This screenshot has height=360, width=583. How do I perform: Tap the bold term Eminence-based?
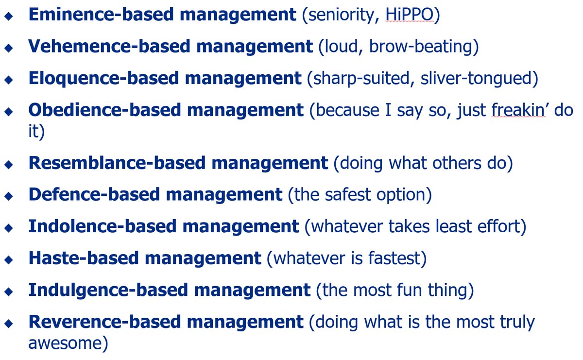(x=101, y=14)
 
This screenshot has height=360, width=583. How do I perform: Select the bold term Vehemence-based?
(x=109, y=46)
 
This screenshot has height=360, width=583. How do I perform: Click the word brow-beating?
(x=421, y=47)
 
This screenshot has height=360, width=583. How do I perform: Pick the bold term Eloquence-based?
(x=103, y=78)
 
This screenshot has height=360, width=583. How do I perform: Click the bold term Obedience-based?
(x=104, y=110)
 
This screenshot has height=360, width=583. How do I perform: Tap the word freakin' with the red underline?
(x=519, y=110)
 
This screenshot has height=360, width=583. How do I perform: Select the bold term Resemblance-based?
(x=117, y=163)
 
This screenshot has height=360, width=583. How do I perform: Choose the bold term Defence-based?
(x=94, y=195)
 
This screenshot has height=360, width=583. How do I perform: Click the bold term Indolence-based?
(x=103, y=226)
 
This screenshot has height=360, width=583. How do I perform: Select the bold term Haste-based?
(x=84, y=258)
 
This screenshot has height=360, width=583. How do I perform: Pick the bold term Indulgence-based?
(x=108, y=290)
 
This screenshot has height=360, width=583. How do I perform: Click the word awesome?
(x=65, y=343)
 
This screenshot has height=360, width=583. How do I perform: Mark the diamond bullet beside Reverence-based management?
(x=9, y=323)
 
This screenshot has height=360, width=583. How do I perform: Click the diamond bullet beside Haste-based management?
(x=9, y=259)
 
